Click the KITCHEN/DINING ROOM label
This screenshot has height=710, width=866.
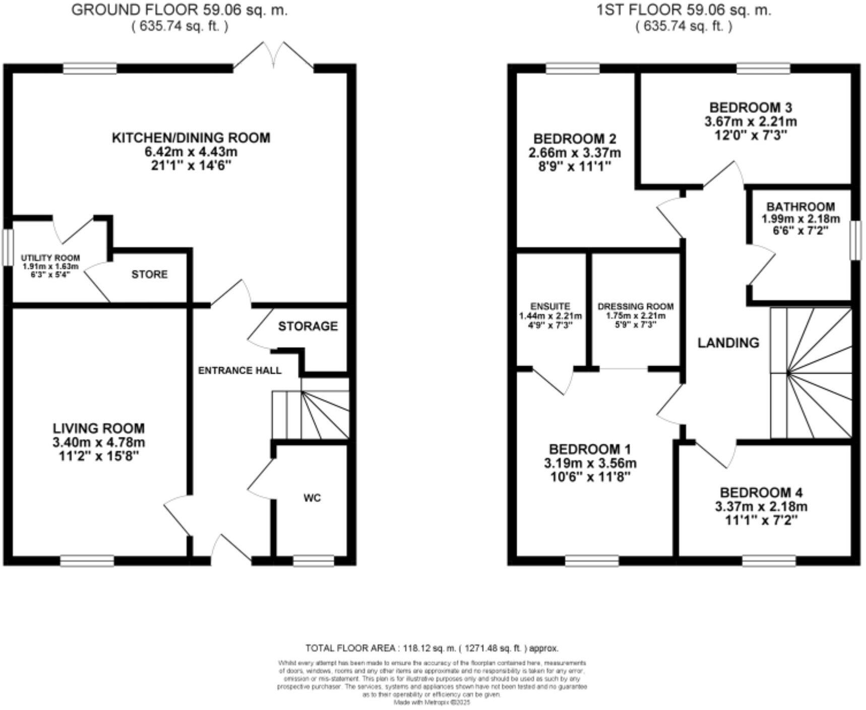click(x=191, y=138)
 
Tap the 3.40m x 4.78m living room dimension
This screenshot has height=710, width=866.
click(x=99, y=443)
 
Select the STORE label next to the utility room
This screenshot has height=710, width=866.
click(x=149, y=274)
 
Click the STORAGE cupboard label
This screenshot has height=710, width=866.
click(x=307, y=326)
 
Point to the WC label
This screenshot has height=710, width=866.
click(x=312, y=498)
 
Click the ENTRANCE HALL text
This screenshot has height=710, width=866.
click(x=239, y=371)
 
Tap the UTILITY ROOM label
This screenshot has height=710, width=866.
click(x=50, y=258)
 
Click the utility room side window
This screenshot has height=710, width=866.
click(x=8, y=248)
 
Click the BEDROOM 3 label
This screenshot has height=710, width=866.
click(x=751, y=107)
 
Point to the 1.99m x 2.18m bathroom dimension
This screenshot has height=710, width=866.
click(x=800, y=219)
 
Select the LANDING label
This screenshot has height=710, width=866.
click(x=728, y=343)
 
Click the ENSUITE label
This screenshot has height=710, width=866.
click(x=550, y=306)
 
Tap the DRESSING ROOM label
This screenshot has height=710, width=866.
click(x=635, y=306)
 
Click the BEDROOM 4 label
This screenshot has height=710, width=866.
click(x=761, y=492)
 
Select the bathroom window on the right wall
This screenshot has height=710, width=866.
click(x=855, y=241)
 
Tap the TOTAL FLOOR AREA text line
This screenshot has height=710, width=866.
click(x=432, y=648)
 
